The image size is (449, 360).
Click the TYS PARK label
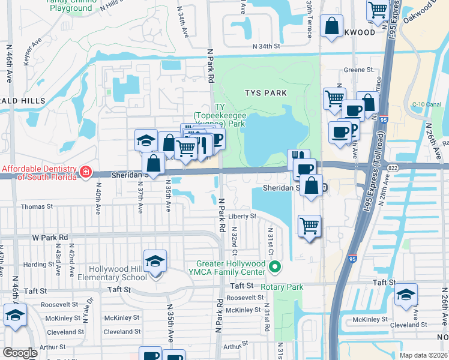coord(265,93)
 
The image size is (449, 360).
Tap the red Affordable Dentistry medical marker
coord(86,172)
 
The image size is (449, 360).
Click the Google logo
coord(20,353)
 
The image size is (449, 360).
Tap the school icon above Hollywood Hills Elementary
coord(155,262)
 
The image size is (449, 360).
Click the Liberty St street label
coord(241,216)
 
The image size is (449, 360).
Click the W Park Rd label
coord(50,238)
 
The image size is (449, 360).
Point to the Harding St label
coord(39,265)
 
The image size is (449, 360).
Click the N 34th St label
coord(267,46)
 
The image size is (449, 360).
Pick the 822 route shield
coord(393,168)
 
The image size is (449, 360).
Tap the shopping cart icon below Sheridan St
coord(309,226)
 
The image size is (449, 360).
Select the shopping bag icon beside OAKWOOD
coord(332,26)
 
